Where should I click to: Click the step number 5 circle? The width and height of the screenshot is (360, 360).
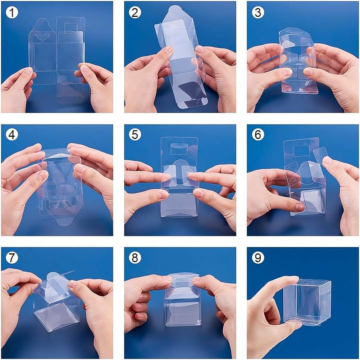[x=135, y=135]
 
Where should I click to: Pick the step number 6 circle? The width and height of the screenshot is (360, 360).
[x=258, y=135]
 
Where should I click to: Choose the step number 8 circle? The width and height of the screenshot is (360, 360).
[x=135, y=258]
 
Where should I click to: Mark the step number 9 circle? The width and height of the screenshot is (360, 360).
[x=258, y=258]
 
